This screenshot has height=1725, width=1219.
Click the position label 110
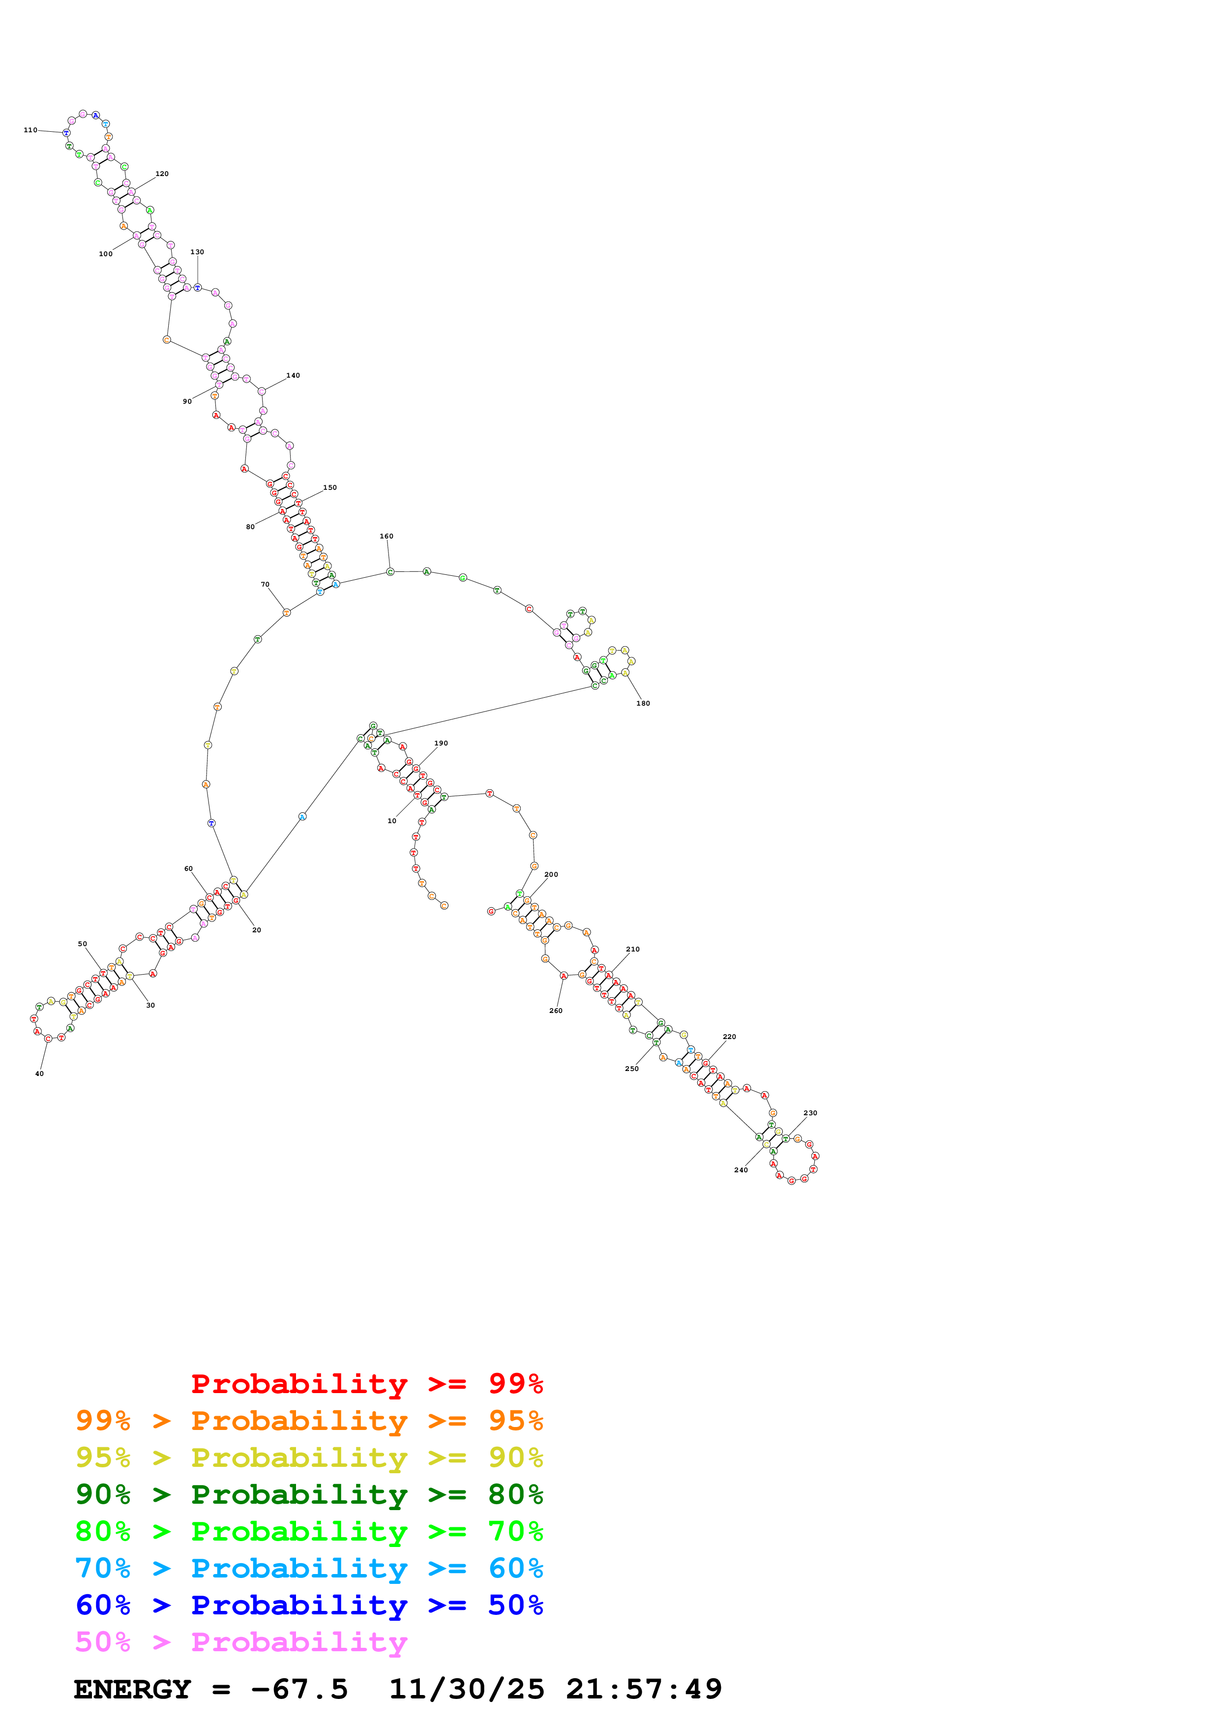click(x=30, y=130)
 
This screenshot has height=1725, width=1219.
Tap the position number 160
click(x=386, y=536)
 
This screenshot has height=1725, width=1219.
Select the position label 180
click(x=643, y=703)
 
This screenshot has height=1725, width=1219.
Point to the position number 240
click(x=741, y=1170)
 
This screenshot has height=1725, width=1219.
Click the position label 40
click(x=39, y=1073)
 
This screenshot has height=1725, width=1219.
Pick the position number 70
click(x=265, y=585)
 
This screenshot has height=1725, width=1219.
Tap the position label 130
click(x=197, y=252)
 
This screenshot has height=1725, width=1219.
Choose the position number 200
click(x=551, y=874)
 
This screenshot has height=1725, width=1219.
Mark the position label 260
click(x=556, y=1011)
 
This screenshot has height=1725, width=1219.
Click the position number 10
click(x=391, y=821)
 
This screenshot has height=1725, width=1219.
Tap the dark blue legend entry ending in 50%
click(x=309, y=1605)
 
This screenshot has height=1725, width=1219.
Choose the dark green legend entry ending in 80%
click(x=309, y=1494)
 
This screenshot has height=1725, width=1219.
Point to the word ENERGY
click(x=132, y=1689)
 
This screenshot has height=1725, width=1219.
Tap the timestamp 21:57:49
click(x=644, y=1689)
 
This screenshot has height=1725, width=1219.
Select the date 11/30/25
click(x=467, y=1689)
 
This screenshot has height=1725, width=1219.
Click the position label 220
click(x=729, y=1037)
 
